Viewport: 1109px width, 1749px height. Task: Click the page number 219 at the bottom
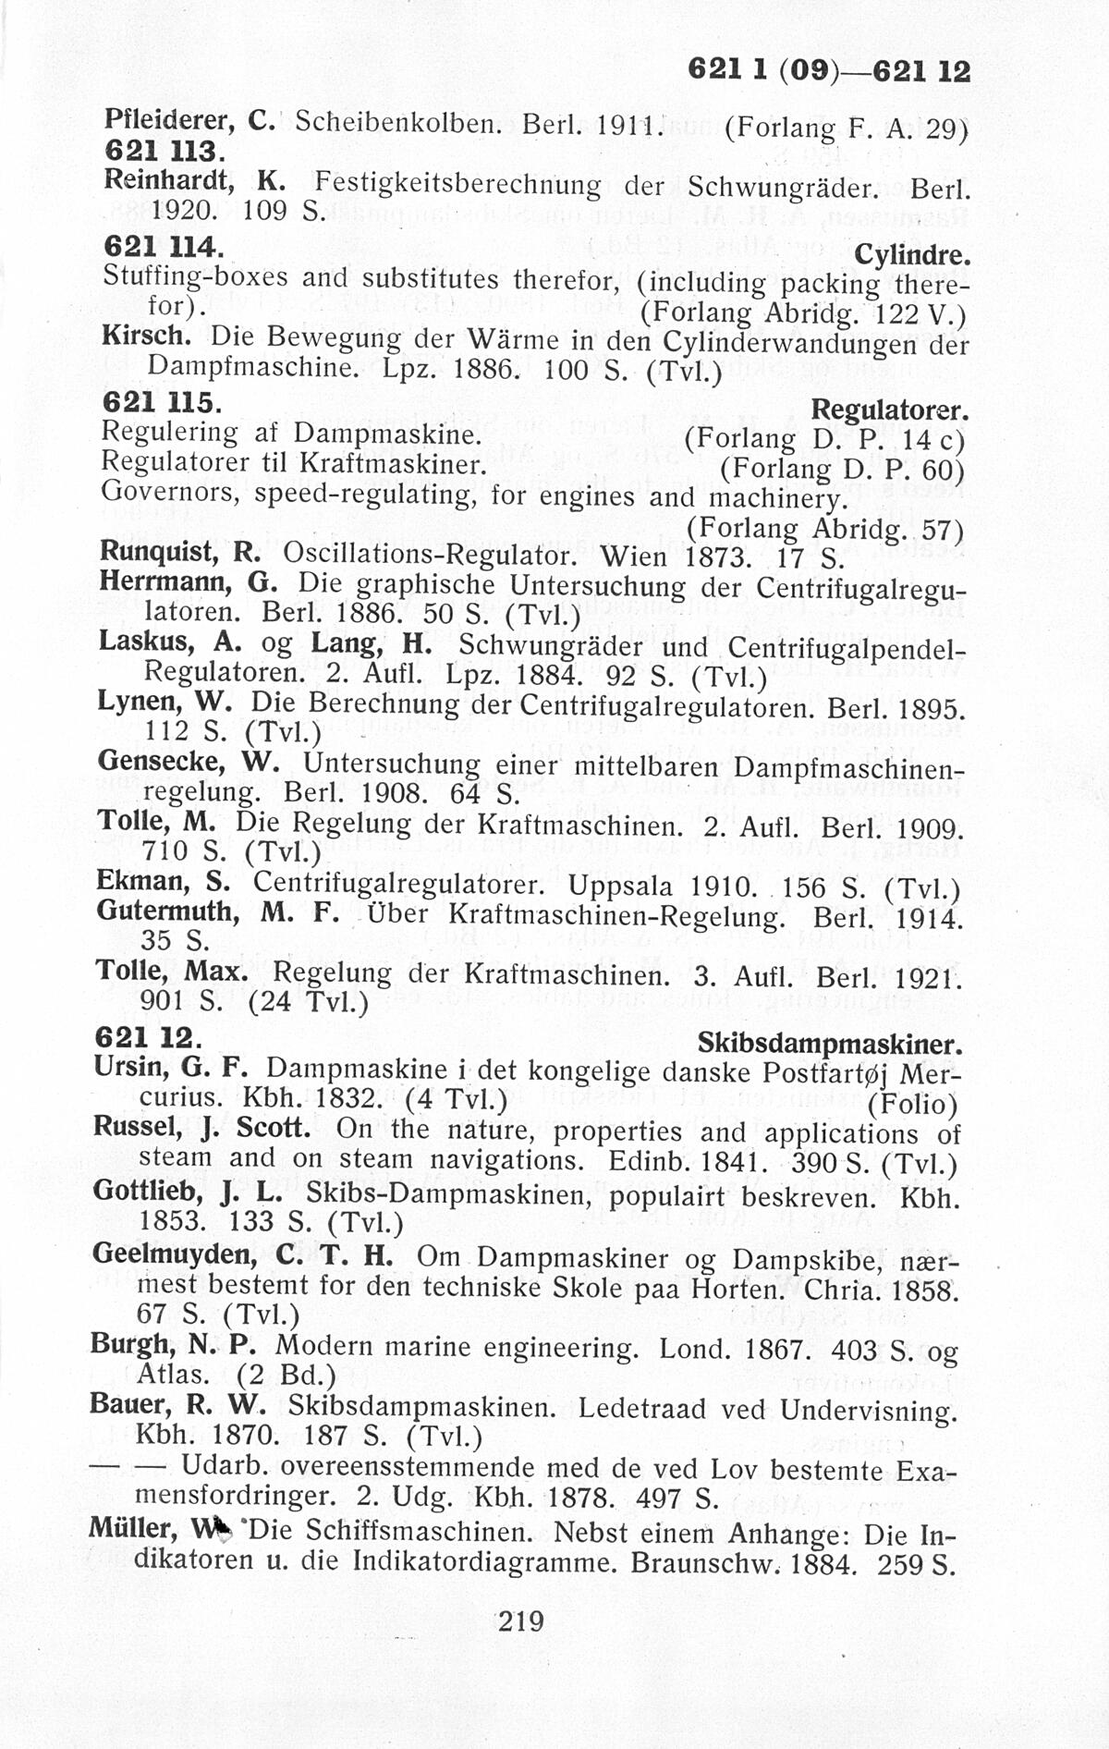point(520,1621)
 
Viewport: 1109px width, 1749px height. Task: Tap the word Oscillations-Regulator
point(429,555)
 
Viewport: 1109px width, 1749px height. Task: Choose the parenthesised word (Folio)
point(913,1104)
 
